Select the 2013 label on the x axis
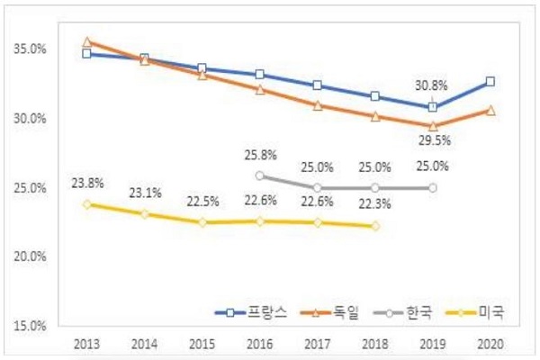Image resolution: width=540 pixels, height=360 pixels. (86, 345)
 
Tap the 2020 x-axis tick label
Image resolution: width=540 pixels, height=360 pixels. (490, 345)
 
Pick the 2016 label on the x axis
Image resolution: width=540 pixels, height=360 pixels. (259, 345)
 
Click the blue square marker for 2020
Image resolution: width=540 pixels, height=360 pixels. (490, 82)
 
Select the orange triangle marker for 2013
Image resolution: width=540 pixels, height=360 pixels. (86, 42)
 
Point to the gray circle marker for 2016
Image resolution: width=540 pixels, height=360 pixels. (259, 175)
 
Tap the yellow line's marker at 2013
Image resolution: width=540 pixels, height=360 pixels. (86, 204)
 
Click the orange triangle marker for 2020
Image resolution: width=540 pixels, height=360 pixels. (490, 110)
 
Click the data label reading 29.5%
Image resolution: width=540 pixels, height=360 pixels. (433, 141)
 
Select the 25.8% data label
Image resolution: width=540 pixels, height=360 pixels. (259, 155)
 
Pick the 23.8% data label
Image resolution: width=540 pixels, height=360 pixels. (86, 183)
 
